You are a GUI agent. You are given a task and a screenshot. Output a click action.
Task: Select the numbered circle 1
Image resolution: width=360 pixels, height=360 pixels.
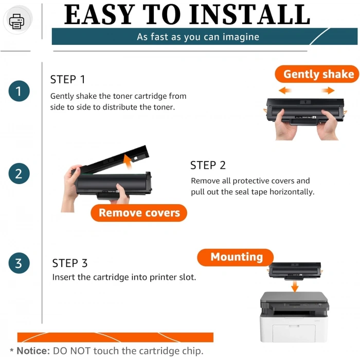[19, 91]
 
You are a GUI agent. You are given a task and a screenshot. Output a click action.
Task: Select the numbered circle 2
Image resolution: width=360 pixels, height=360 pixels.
[19, 173]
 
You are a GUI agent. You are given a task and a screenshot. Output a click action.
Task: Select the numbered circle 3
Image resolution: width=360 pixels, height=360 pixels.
[19, 263]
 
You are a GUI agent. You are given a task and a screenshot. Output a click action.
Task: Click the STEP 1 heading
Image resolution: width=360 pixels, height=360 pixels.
[68, 80]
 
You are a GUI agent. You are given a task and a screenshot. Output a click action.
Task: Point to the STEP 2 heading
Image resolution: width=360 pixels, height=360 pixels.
[208, 165]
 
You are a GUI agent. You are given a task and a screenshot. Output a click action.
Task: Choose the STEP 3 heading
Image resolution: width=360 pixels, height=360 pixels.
[70, 263]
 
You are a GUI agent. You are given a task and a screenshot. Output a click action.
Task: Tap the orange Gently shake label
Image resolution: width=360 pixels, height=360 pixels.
[317, 74]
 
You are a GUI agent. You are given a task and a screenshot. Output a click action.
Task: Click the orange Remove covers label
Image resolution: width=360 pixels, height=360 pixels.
[139, 213]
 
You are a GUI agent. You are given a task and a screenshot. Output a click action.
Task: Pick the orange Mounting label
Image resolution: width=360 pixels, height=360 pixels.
[236, 257]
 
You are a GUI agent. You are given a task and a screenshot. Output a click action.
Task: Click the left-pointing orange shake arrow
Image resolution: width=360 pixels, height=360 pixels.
[285, 90]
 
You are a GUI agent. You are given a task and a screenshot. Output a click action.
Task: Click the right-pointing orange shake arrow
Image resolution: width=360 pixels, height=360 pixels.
[328, 90]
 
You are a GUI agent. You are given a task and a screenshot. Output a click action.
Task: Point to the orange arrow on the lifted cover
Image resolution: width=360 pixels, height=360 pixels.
[128, 161]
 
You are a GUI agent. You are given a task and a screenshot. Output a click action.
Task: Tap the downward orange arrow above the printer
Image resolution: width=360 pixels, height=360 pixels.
[295, 286]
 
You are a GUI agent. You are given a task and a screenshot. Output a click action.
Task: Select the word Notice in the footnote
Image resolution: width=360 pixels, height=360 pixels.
[33, 351]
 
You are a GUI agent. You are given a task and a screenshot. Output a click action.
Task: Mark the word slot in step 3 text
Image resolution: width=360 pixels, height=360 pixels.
[188, 277]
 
